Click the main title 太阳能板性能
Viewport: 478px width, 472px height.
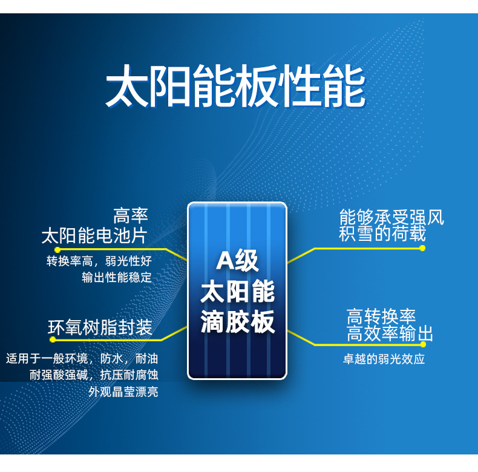coord(236,87)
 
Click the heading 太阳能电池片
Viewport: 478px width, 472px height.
coord(94,235)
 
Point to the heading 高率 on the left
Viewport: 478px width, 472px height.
coord(131,215)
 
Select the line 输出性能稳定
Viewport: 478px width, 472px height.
coord(117,278)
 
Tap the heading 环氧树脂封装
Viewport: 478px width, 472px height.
coord(100,328)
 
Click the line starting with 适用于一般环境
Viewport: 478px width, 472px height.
coord(82,358)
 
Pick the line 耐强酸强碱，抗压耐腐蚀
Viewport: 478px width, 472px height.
coord(94,375)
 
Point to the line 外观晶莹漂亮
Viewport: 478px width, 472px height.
coord(123,392)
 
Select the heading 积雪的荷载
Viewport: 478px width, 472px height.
coord(382,234)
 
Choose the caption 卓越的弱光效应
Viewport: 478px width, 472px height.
coord(384,359)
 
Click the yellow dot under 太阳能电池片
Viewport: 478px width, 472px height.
coord(57,249)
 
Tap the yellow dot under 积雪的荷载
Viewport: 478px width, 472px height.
coord(422,248)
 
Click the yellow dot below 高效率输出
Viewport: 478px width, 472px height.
coord(423,344)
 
